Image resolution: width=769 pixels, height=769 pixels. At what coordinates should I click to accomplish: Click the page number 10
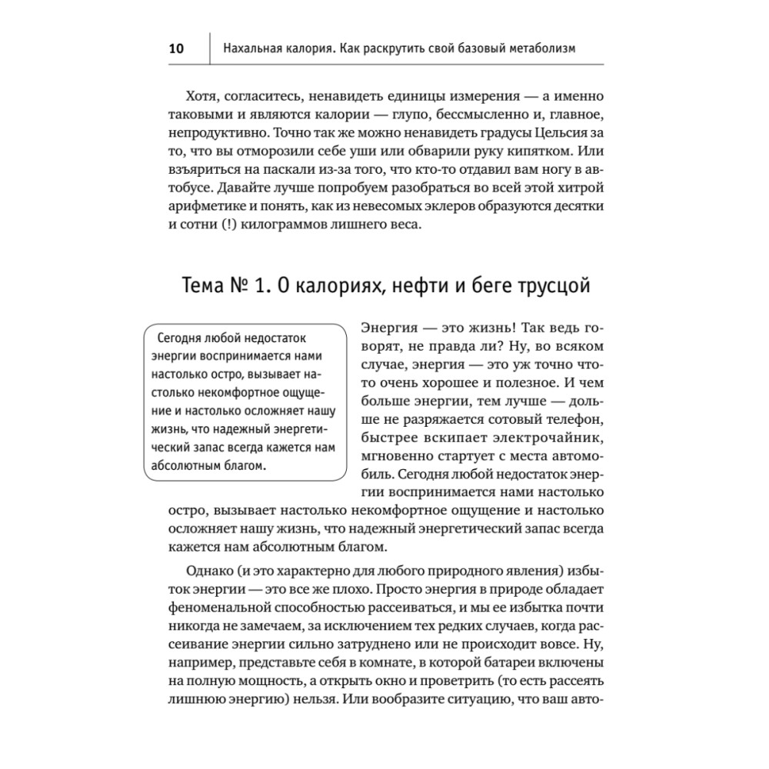tap(176, 49)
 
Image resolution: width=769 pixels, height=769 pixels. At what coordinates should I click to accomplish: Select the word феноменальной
tap(218, 605)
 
